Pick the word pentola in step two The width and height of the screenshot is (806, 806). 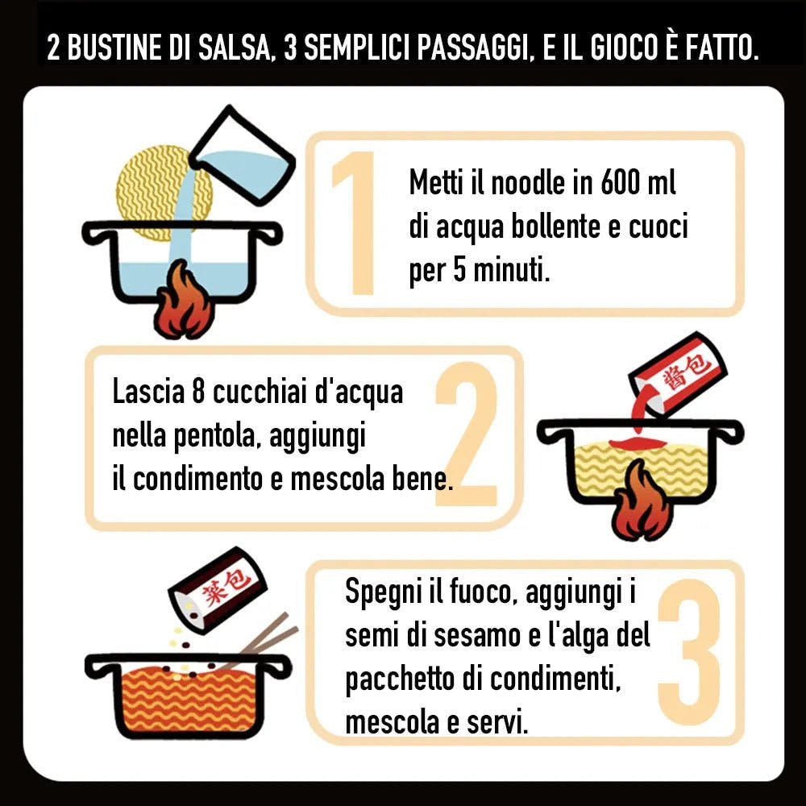click(x=210, y=438)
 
